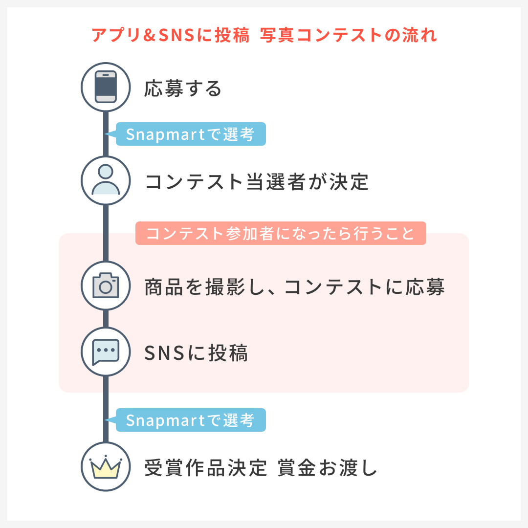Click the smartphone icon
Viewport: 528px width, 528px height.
point(106,87)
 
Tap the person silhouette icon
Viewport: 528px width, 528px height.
point(106,180)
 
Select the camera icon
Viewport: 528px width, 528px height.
point(106,286)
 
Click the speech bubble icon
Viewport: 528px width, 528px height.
point(106,352)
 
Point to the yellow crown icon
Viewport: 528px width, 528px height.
point(106,467)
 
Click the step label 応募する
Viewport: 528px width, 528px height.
point(183,89)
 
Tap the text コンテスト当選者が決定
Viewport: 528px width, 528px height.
point(257,182)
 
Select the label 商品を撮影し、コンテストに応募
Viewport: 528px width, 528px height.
point(294,287)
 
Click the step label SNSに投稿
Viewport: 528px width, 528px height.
point(196,353)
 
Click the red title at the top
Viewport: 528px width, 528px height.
point(264,36)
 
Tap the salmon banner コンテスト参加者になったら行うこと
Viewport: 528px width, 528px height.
point(281,233)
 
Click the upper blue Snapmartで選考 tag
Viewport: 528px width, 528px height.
point(191,134)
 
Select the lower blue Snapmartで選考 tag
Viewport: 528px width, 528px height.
point(191,420)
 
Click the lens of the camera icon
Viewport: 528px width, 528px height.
point(106,287)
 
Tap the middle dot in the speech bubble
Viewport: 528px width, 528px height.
point(106,350)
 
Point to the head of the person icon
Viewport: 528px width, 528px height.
point(106,172)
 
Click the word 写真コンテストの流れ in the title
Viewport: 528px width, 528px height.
point(349,36)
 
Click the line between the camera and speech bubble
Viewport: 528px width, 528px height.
point(106,319)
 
